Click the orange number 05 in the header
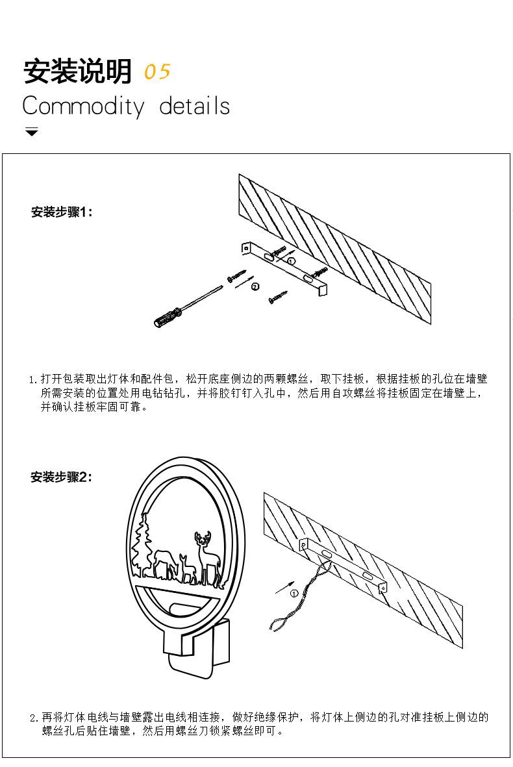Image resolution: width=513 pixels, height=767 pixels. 157,71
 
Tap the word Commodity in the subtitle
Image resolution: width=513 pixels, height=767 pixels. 82,107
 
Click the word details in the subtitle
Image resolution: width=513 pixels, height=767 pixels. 195,106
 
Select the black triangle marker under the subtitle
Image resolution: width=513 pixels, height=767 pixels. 31,132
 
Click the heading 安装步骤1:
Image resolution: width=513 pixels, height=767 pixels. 62,212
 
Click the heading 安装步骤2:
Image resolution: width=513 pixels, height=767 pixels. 62,477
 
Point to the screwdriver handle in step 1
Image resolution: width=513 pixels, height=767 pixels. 166,318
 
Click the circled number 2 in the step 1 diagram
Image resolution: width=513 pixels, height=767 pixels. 255,286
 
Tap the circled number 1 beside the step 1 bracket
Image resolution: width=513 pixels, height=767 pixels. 292,260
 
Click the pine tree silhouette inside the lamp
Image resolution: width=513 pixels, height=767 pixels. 142,547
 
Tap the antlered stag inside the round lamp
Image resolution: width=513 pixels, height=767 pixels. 206,557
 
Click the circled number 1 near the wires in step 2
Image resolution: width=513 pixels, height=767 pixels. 294,593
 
